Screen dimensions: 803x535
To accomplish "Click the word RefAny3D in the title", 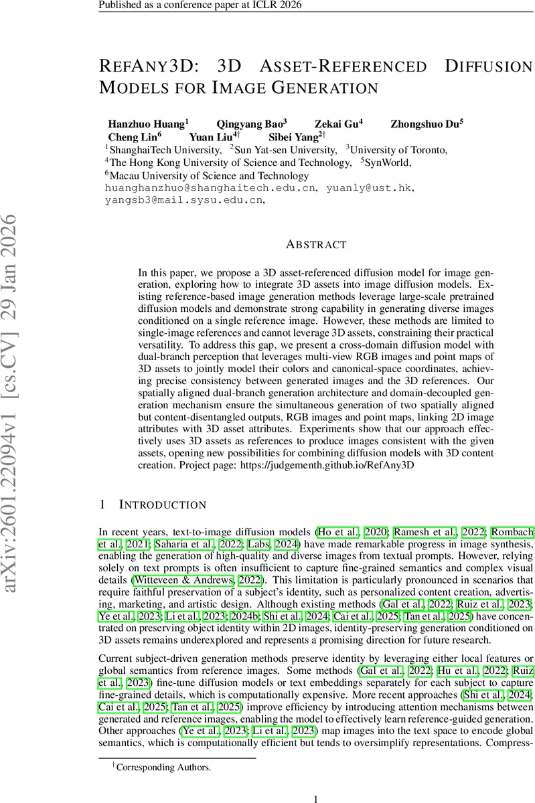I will pos(151,67).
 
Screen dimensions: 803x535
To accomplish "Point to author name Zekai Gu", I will pos(337,124).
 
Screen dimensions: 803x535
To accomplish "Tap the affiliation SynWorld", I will pos(389,163).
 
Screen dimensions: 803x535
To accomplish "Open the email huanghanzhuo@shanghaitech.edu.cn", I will pos(210,189).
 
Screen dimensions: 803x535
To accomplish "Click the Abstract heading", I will pos(316,245).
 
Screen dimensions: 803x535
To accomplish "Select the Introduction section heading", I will pos(162,504).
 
